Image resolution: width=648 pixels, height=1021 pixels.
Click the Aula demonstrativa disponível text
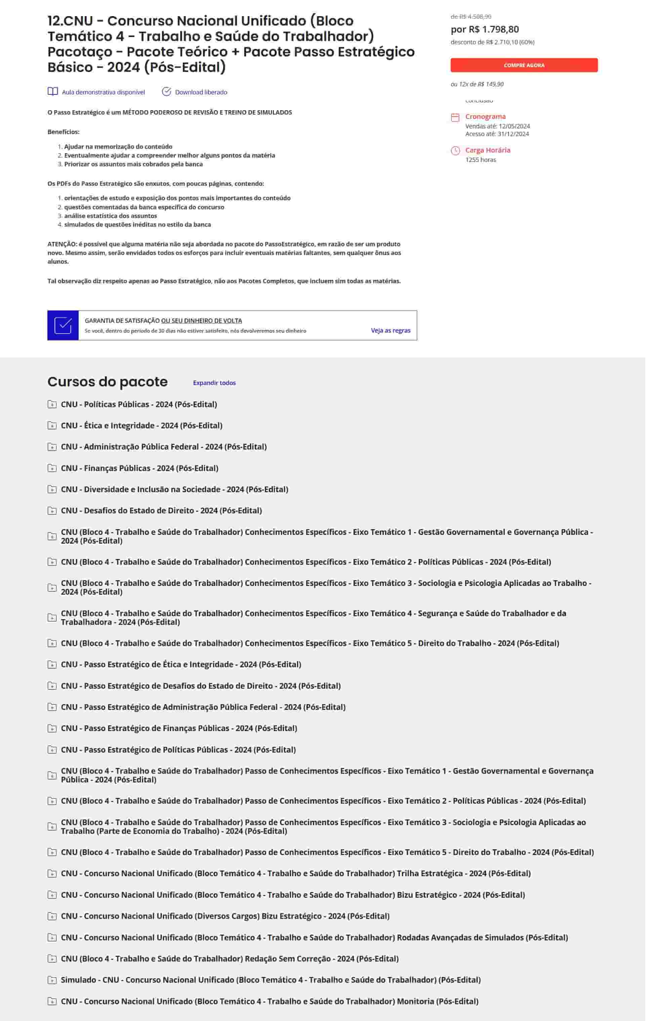[x=104, y=92]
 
